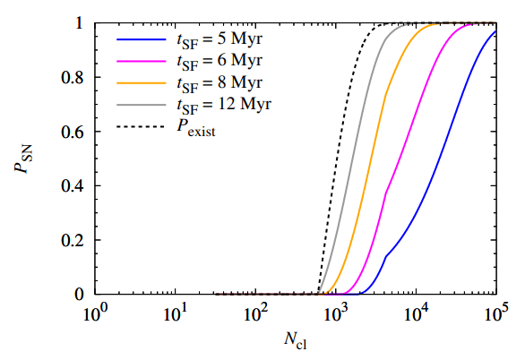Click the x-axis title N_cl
[x=295, y=341]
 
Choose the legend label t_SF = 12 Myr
[x=226, y=104]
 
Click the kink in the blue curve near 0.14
[x=385, y=256]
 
